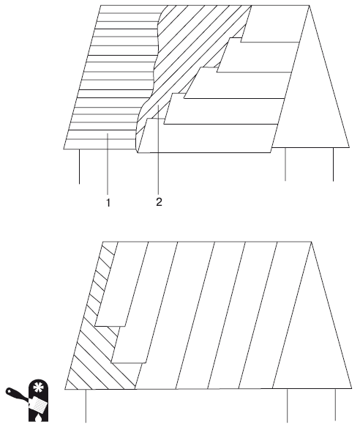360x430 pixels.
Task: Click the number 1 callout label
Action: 108,203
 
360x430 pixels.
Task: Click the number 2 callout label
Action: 160,202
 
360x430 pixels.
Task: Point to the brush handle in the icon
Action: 16,394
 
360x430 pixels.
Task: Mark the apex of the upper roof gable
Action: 310,6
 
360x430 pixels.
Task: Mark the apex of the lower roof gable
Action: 311,242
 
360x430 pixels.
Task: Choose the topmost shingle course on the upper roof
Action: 274,24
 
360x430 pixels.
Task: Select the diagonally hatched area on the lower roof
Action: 99,343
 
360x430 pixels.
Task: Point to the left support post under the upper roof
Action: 80,166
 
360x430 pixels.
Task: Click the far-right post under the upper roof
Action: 333,164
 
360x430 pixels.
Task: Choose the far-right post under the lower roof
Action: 336,405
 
